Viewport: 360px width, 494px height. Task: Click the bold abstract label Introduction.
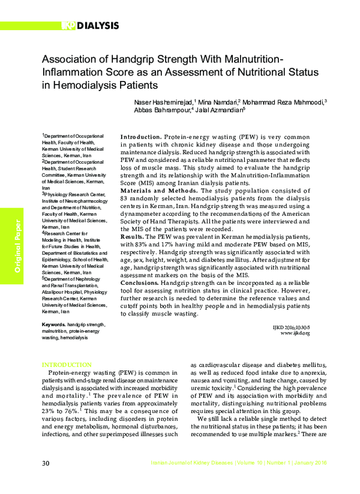[140, 137]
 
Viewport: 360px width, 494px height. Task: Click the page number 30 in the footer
[46, 463]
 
